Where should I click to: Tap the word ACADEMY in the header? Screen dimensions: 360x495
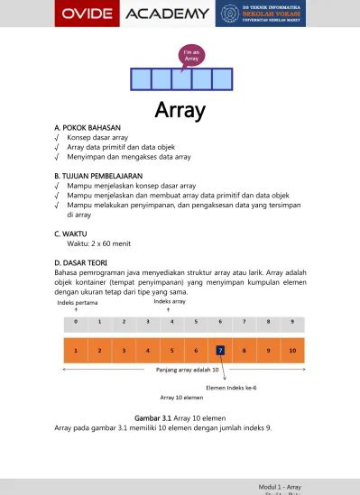point(168,14)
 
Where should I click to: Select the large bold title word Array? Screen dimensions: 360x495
point(180,111)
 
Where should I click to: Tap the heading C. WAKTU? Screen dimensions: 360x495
point(74,233)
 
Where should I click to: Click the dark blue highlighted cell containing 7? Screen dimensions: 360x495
point(220,350)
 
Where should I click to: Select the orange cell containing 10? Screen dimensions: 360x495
point(291,350)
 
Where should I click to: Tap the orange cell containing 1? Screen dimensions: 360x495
point(76,350)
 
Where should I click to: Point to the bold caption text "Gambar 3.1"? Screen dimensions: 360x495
point(154,418)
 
